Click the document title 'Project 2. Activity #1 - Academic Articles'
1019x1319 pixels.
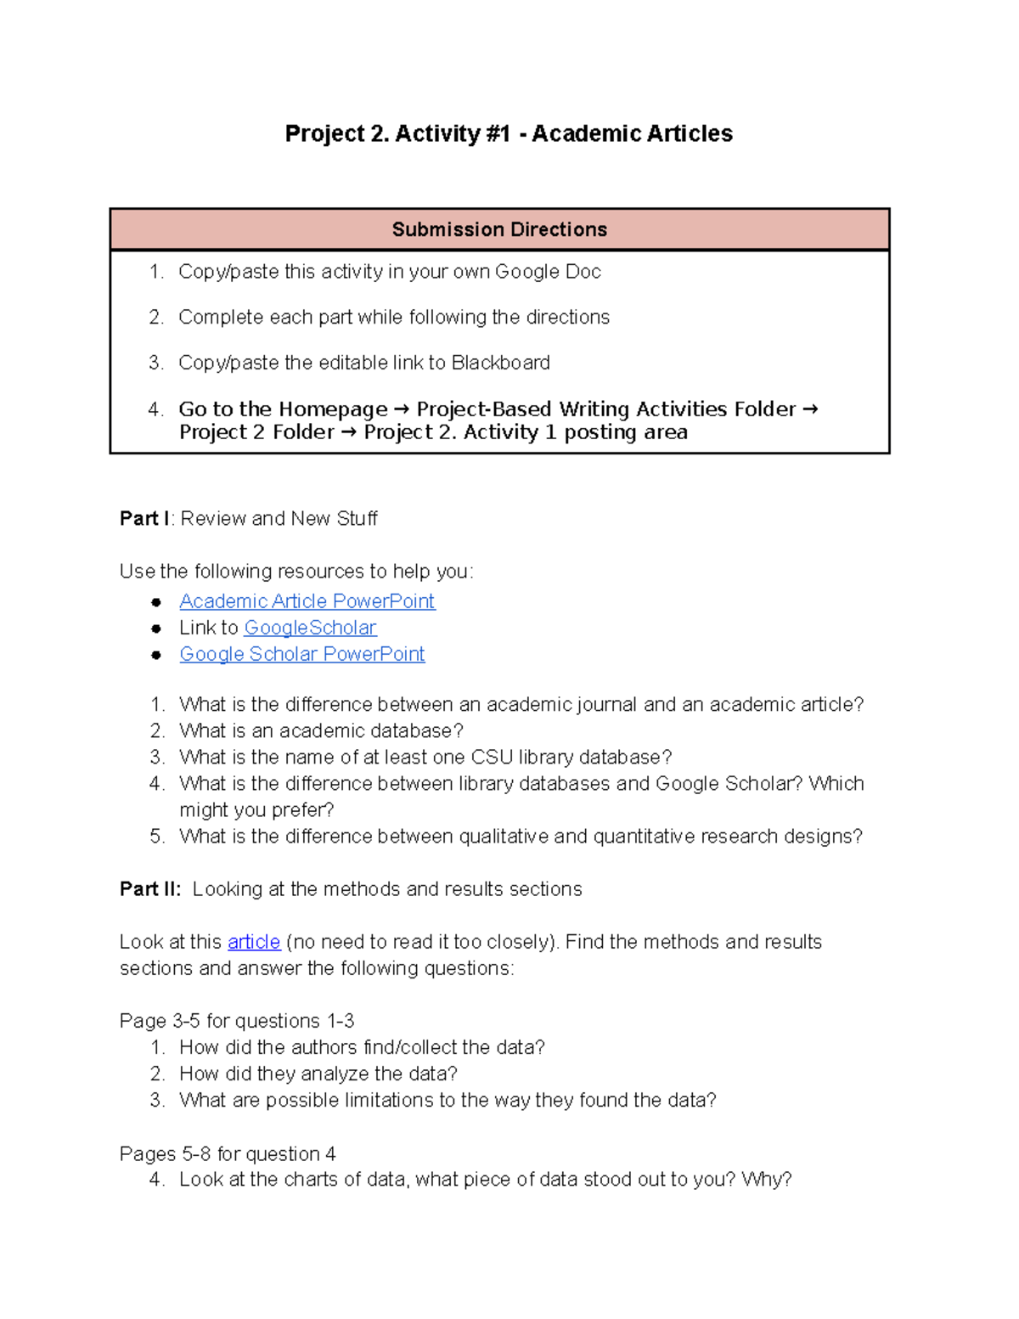pyautogui.click(x=509, y=133)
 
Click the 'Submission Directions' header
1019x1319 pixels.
pyautogui.click(x=499, y=229)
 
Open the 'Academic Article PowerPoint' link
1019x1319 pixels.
pyautogui.click(x=307, y=601)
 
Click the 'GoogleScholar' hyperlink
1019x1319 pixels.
pyautogui.click(x=310, y=628)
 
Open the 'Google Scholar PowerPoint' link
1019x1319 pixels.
pyautogui.click(x=301, y=654)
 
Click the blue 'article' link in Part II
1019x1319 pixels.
pyautogui.click(x=254, y=942)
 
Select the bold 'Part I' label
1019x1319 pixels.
pyautogui.click(x=144, y=518)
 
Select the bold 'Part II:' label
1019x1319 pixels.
pyautogui.click(x=150, y=889)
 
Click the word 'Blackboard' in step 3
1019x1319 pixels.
pyautogui.click(x=500, y=363)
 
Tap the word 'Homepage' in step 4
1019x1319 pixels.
pyautogui.click(x=333, y=409)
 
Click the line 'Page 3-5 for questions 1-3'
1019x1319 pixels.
pyautogui.click(x=237, y=1021)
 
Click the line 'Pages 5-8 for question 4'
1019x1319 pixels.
pyautogui.click(x=228, y=1153)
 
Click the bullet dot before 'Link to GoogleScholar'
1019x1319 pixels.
pyautogui.click(x=156, y=628)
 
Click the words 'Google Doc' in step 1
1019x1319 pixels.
pyautogui.click(x=548, y=272)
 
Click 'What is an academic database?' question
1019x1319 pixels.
pyautogui.click(x=321, y=730)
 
